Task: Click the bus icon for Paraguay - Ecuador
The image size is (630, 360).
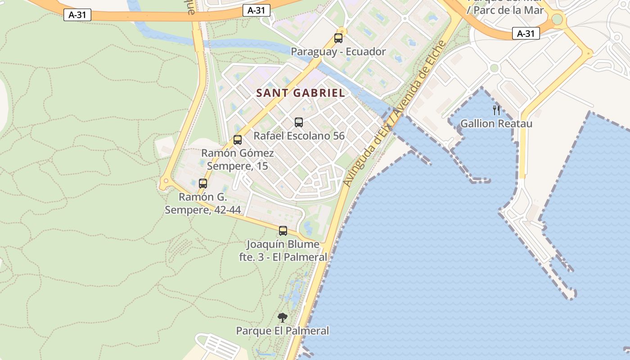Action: point(338,38)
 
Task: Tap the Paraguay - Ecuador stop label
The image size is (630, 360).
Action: point(338,52)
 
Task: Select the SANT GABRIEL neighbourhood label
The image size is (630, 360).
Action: point(301,93)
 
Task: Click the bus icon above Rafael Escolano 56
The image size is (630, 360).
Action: point(299,122)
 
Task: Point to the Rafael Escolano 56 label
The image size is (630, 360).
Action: point(299,135)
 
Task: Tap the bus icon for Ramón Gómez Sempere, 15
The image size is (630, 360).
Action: point(238,139)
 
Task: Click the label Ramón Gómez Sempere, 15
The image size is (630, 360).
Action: point(237,159)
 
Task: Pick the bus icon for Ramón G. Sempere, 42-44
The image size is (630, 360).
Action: point(203,183)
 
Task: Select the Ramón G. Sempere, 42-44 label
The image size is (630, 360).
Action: point(202,203)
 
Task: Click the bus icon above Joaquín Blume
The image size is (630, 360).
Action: point(283,231)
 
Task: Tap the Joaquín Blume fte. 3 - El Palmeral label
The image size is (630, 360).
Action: point(283,251)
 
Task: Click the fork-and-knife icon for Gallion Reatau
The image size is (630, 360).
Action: point(496,110)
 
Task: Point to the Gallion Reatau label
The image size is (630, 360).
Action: point(496,123)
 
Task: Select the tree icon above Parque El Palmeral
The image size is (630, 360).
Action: point(283,318)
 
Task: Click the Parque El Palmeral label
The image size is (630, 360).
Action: point(283,331)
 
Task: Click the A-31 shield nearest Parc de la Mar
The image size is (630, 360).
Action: point(526,33)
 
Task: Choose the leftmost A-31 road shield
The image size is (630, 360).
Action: point(77,15)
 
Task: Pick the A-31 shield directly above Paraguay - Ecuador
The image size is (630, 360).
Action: point(256,10)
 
